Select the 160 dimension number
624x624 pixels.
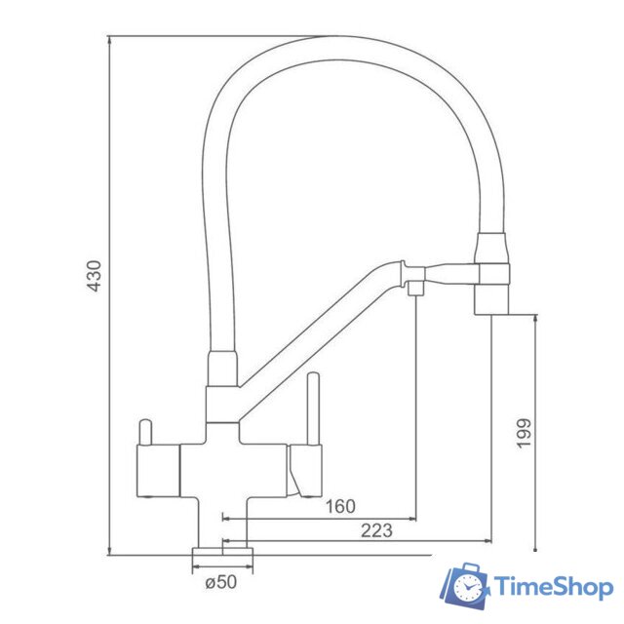click(341, 506)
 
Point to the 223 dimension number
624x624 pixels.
click(375, 530)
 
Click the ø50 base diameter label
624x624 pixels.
click(222, 582)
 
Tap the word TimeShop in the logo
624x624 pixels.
click(553, 587)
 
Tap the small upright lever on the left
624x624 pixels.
click(146, 431)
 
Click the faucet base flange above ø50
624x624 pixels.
click(223, 553)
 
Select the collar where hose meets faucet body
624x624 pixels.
click(222, 370)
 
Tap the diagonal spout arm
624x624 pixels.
click(312, 331)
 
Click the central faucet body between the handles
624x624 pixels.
click(234, 468)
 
